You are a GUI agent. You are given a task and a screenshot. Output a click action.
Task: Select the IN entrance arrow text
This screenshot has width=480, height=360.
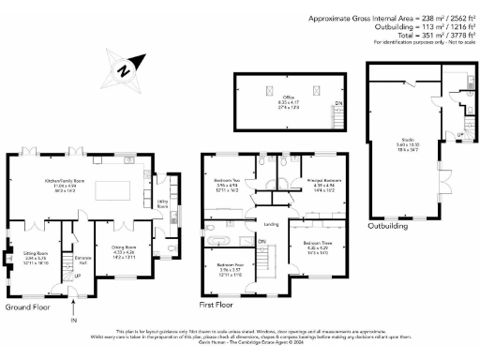pos(73,322)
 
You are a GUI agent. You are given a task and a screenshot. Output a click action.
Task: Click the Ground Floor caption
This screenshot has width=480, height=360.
pos(28,307)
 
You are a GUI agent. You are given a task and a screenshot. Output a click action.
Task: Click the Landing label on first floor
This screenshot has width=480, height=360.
pos(272,225)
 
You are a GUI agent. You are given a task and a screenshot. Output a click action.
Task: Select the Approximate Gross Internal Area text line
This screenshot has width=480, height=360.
pos(394,18)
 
